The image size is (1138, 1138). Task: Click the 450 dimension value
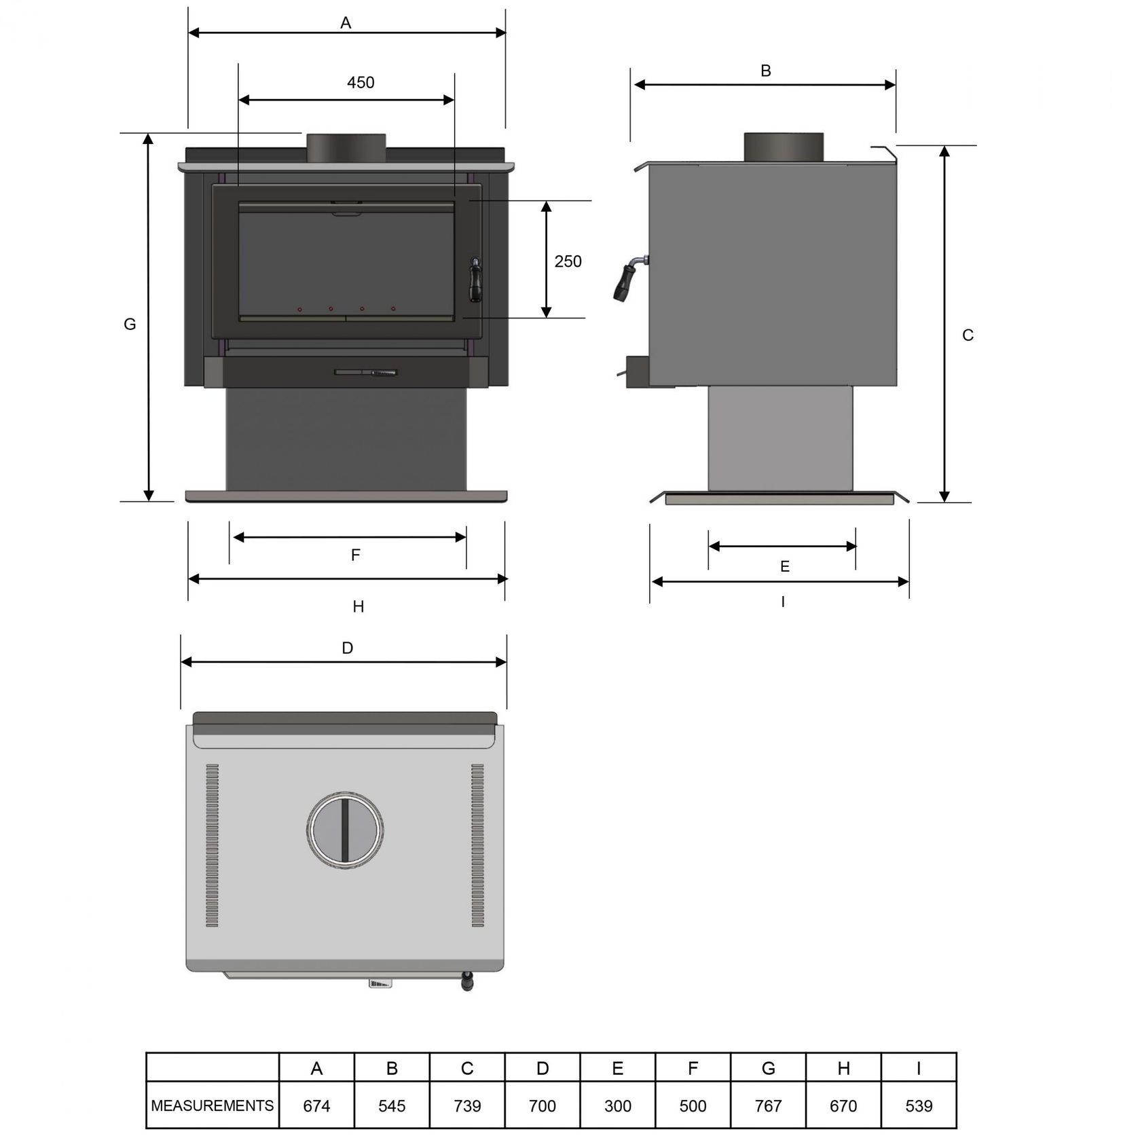(361, 83)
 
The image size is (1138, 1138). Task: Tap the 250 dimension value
(568, 261)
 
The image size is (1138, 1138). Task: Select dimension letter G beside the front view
(130, 325)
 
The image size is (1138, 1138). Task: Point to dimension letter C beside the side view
(968, 335)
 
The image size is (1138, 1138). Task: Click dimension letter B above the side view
(766, 71)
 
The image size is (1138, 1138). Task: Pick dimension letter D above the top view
(348, 648)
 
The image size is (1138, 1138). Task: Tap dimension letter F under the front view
(355, 555)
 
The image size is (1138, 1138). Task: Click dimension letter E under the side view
(785, 566)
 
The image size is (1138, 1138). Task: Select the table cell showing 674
(316, 1106)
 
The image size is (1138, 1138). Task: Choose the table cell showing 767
(768, 1106)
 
